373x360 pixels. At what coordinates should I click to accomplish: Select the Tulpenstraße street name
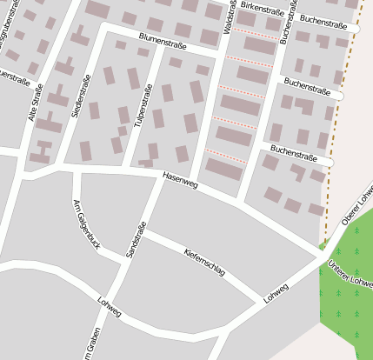[x=143, y=103]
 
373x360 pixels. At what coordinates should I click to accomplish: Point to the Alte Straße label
[x=37, y=102]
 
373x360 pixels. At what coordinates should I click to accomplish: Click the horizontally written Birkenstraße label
[x=262, y=7]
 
